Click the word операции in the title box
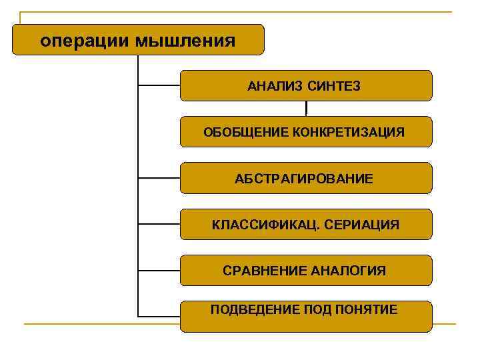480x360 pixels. pos(85,41)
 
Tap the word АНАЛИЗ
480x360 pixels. pos(275,86)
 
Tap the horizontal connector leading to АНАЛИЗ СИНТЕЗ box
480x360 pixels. pos(159,86)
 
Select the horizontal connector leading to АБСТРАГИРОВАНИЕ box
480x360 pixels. pos(159,178)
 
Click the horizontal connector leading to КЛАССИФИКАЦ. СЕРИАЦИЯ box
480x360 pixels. pos(159,225)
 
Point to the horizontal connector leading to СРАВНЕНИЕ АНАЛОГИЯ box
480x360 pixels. pos(159,270)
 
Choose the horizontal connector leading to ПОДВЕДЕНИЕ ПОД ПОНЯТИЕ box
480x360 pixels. pos(159,315)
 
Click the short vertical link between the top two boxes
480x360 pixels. pos(306,108)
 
